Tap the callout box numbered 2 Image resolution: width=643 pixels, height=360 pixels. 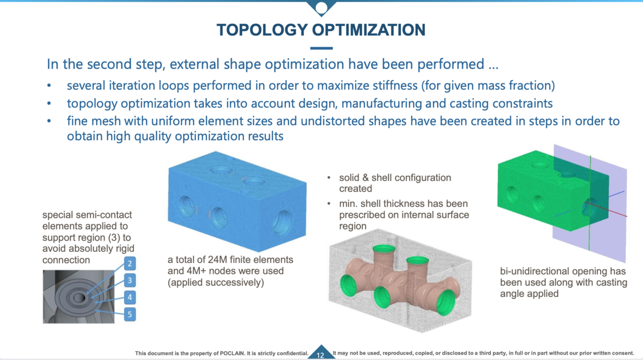coord(129,262)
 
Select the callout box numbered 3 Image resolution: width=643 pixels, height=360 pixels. coord(129,280)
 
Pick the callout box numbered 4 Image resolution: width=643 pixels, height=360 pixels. coord(129,296)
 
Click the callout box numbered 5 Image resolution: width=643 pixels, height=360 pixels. coord(129,313)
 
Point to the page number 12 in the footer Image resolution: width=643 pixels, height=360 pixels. coord(320,355)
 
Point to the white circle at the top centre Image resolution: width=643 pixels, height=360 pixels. coord(322,7)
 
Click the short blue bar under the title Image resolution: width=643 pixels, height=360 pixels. coord(321,48)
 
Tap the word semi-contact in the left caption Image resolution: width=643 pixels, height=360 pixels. coord(95,215)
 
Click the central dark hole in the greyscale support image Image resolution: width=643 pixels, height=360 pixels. coord(80,297)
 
